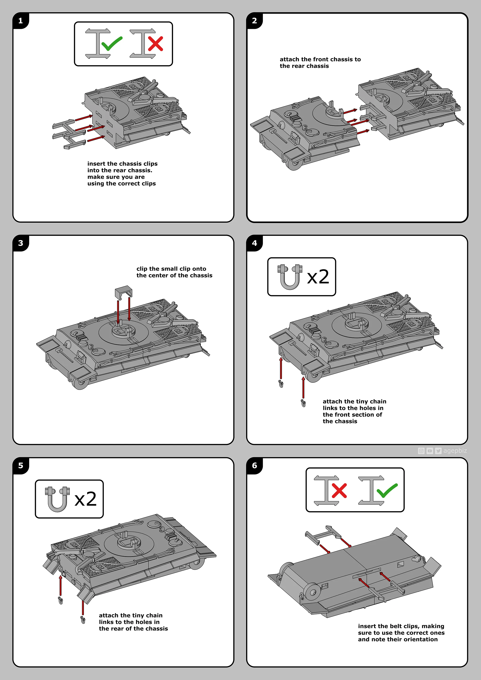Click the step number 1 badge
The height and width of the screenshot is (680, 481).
(20, 21)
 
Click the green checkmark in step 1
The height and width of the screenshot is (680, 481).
(112, 44)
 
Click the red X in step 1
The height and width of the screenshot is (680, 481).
(155, 44)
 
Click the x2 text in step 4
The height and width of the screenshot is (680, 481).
(318, 277)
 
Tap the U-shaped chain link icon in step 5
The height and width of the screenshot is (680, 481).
(57, 499)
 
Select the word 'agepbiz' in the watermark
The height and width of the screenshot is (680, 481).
(455, 450)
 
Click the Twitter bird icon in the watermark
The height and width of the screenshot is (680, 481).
(438, 451)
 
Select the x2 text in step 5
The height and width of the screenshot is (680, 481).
(85, 499)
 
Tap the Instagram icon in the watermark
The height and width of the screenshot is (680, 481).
(421, 451)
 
